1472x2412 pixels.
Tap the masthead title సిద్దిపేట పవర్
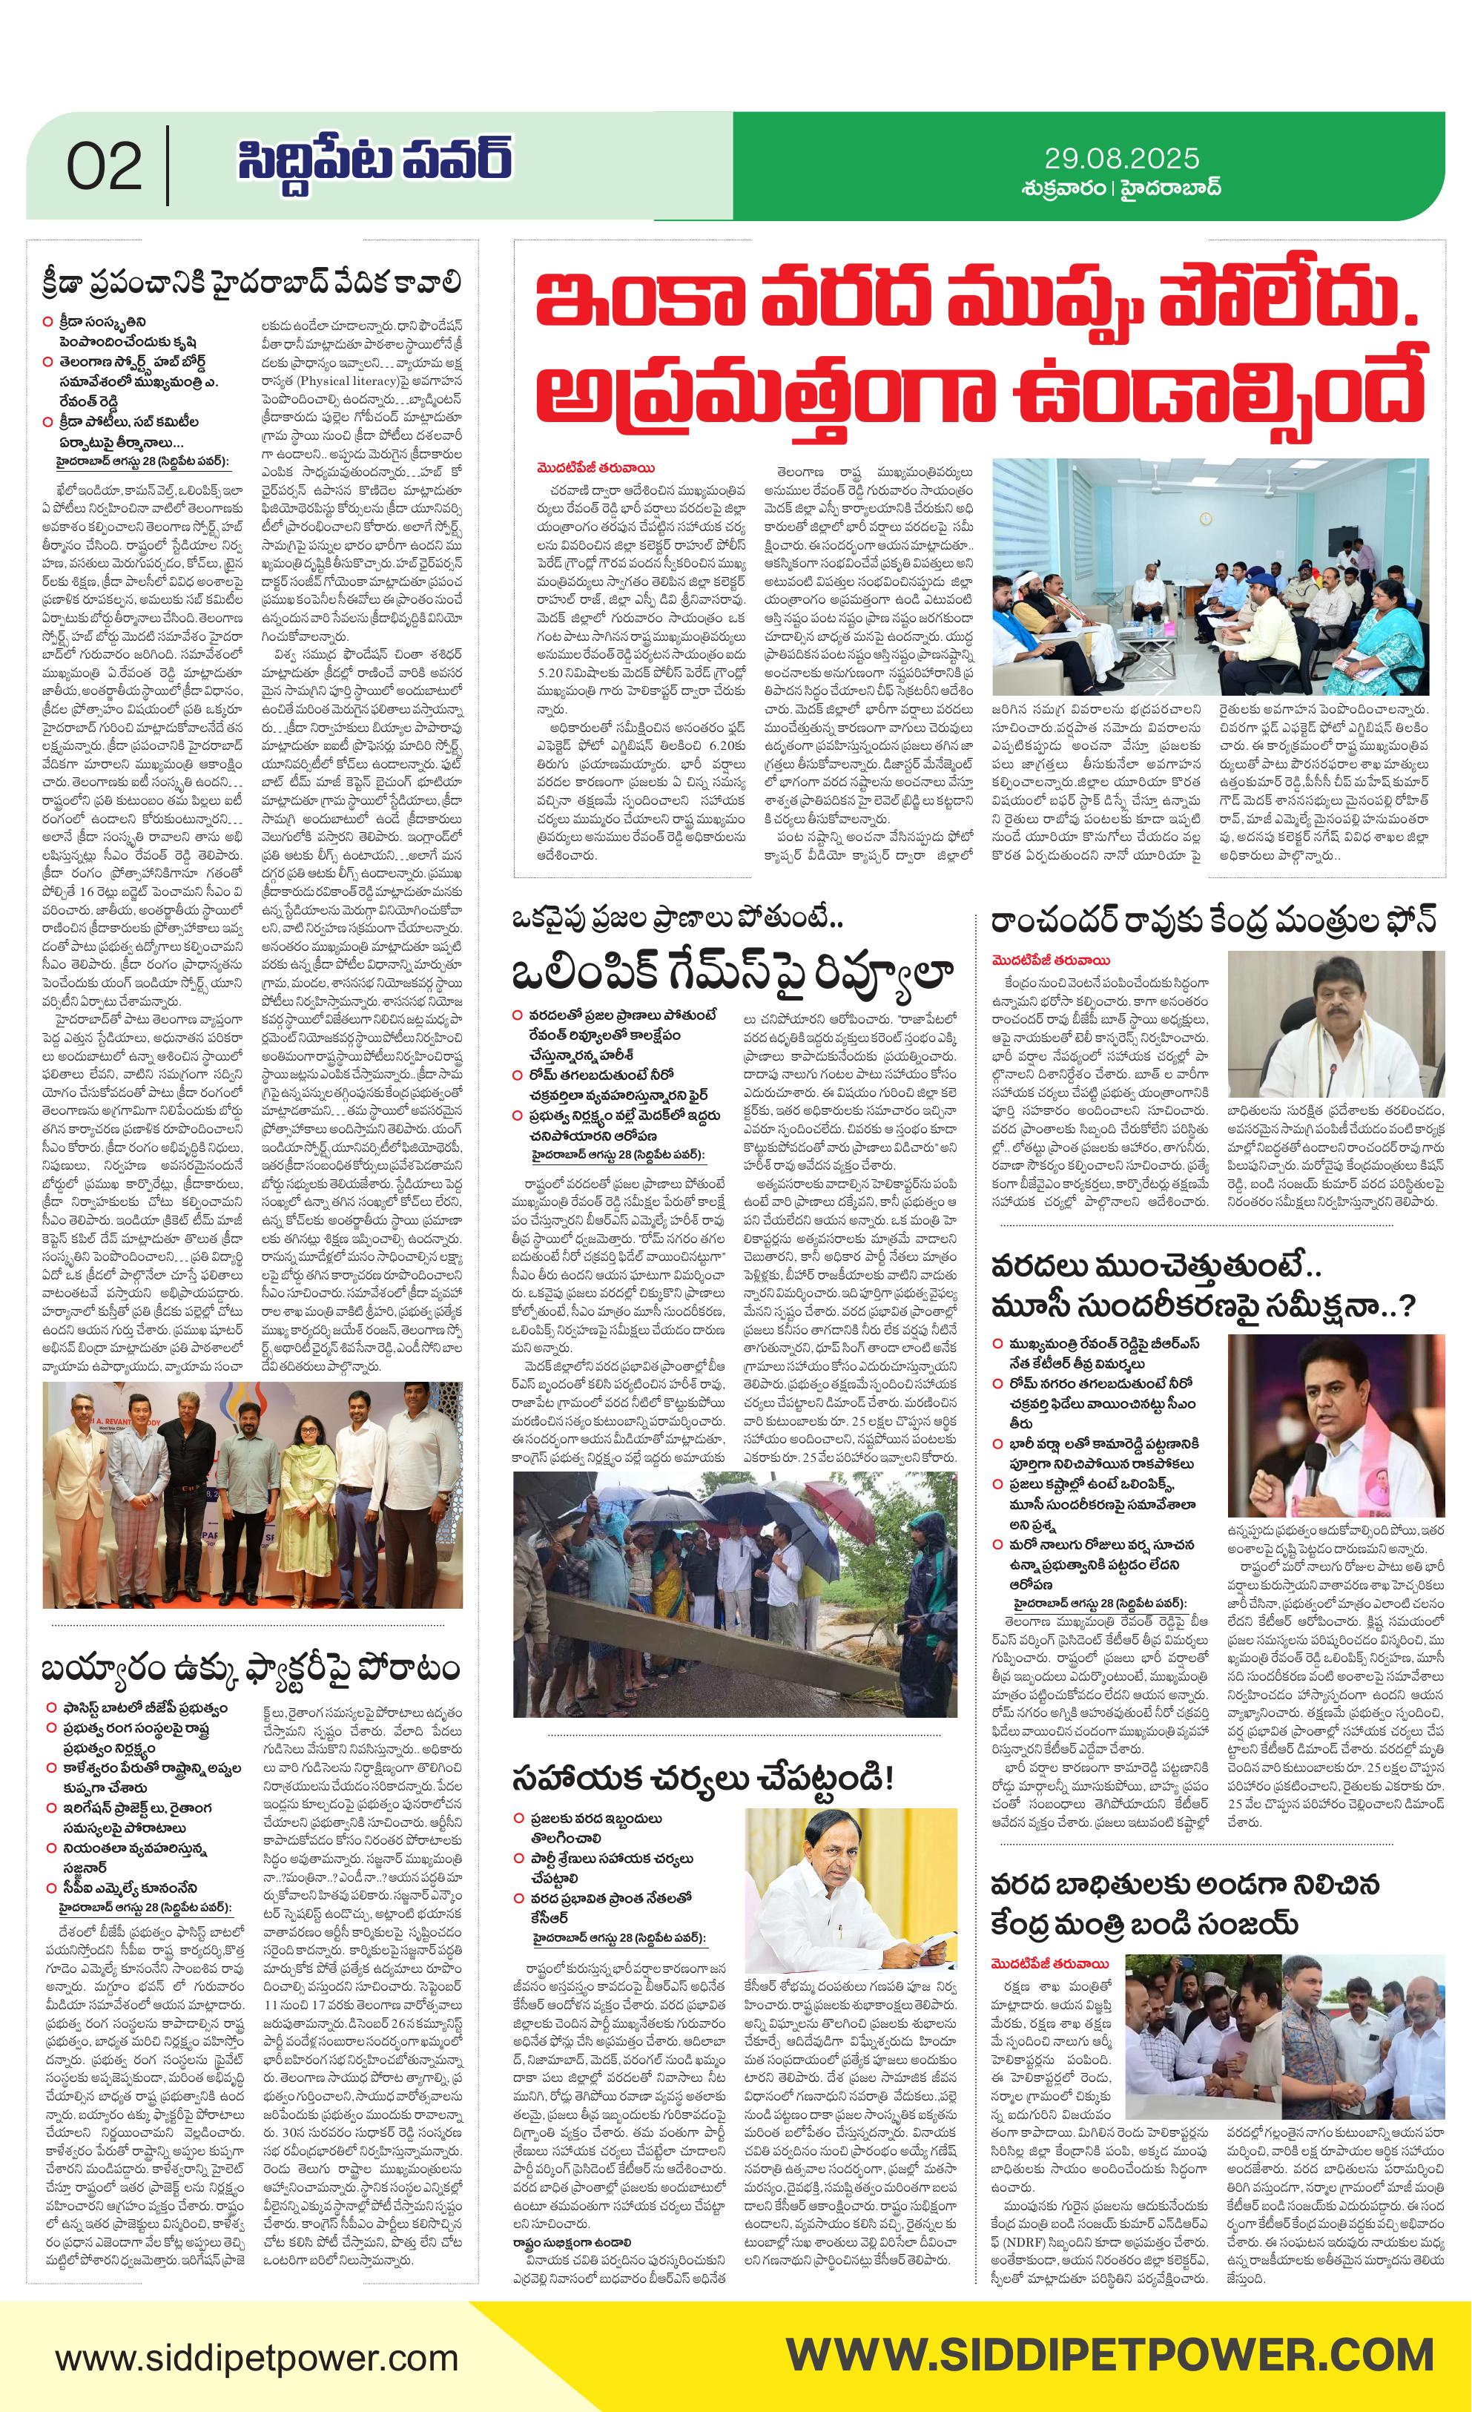[374, 162]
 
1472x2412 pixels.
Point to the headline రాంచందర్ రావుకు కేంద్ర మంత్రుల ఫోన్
[1214, 921]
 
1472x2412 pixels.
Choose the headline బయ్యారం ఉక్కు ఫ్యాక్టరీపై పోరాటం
[251, 1667]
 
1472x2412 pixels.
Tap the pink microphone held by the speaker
[1316, 1463]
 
